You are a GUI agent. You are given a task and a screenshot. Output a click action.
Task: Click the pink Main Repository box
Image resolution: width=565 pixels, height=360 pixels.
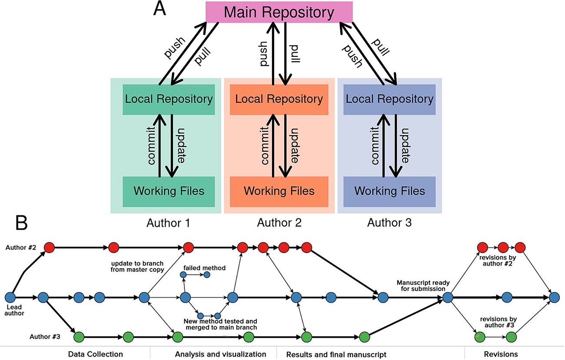tap(279, 12)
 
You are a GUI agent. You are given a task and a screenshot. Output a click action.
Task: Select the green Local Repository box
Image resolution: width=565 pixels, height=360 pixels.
tap(169, 99)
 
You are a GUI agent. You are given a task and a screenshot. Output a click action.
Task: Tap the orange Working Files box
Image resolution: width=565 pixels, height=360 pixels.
tap(279, 192)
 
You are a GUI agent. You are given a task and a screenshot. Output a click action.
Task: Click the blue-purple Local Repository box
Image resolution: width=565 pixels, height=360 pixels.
tap(389, 99)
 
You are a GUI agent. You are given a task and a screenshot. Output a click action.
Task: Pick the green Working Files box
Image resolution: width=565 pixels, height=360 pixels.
tap(169, 192)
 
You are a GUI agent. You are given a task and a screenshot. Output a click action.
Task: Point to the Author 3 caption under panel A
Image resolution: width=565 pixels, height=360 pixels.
tap(389, 223)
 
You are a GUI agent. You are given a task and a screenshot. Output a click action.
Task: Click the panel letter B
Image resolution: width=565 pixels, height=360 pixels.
tap(21, 223)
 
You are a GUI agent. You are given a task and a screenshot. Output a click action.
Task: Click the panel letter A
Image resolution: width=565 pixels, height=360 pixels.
tap(160, 8)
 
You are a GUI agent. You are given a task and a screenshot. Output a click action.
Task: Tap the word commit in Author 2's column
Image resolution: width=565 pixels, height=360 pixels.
tap(264, 146)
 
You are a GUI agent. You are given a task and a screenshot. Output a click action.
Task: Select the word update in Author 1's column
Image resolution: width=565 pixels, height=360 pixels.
tap(181, 146)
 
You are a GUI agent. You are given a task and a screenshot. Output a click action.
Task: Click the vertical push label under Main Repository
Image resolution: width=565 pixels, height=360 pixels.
tap(263, 54)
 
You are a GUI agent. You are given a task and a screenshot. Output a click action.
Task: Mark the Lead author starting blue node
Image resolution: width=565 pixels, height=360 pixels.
tap(10, 297)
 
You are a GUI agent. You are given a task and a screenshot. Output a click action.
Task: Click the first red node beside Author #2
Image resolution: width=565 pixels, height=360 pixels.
tap(49, 248)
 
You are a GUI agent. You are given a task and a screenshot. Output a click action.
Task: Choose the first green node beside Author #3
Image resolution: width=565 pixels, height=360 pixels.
tap(79, 337)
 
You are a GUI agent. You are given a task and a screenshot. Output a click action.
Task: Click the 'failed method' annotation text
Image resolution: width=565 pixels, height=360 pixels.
tap(205, 268)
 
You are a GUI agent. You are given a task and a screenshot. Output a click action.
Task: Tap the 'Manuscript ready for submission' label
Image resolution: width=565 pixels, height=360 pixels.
tap(423, 286)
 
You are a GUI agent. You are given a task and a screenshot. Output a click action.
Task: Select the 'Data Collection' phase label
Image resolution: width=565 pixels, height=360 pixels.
tap(95, 354)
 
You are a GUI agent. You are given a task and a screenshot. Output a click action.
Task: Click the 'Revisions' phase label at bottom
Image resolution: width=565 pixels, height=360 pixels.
tap(501, 354)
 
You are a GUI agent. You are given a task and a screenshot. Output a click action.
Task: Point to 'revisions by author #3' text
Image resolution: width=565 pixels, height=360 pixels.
tap(499, 322)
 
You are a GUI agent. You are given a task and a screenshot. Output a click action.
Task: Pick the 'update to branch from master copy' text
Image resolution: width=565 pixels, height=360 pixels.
tap(137, 267)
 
